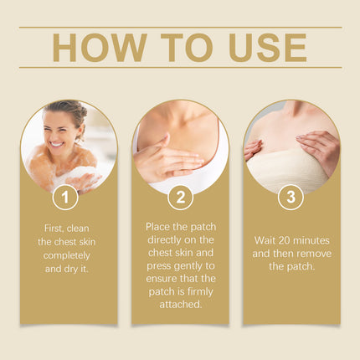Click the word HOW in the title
pyautogui.click(x=100, y=48)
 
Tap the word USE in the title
pyautogui.click(x=268, y=48)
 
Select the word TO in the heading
pyautogui.click(x=187, y=48)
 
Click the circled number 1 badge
pyautogui.click(x=65, y=197)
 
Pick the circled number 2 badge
pyautogui.click(x=181, y=197)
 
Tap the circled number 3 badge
pyautogui.click(x=291, y=197)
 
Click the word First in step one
pyautogui.click(x=54, y=229)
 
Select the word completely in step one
pyautogui.click(x=67, y=255)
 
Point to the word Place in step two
pyautogui.click(x=157, y=227)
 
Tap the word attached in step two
pyautogui.click(x=181, y=304)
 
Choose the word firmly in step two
pyautogui.click(x=200, y=291)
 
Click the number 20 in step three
pyautogui.click(x=285, y=240)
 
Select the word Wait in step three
pyautogui.click(x=265, y=240)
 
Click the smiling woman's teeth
pyautogui.click(x=57, y=145)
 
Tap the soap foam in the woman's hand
pyautogui.click(x=81, y=175)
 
